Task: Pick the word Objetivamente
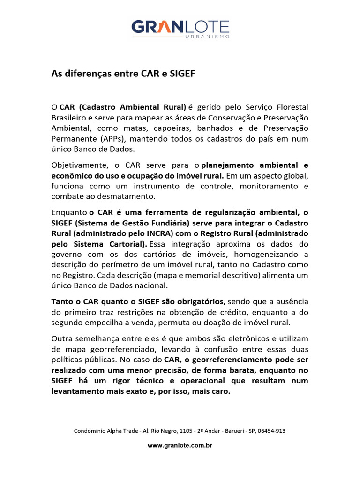(x=78, y=165)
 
